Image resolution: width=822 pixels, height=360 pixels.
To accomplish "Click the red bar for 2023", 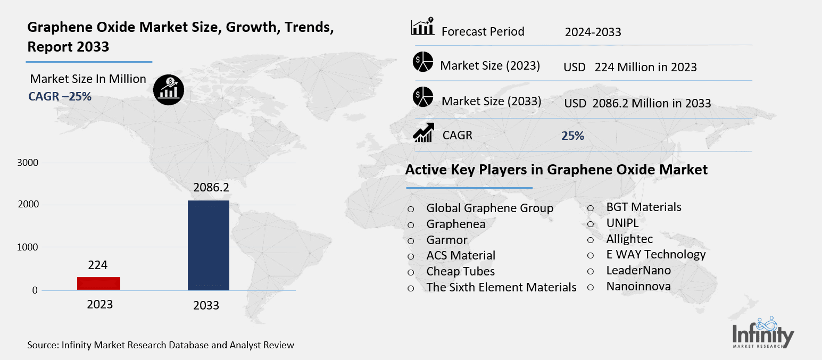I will [98, 283].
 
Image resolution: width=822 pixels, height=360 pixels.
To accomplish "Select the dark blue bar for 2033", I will [209, 245].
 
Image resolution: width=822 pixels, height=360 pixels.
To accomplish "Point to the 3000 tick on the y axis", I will [28, 163].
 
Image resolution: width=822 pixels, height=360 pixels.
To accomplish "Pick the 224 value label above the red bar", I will [98, 265].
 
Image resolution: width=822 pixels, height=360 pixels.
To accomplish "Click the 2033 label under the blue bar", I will [206, 305].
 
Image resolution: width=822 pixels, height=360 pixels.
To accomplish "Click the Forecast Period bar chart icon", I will [423, 27].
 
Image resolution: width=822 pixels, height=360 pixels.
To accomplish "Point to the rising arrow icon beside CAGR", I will [424, 133].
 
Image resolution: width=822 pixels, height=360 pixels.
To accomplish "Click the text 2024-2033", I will [593, 32].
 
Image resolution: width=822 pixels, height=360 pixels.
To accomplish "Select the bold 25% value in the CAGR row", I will [572, 136].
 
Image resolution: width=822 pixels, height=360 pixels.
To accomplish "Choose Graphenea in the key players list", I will [455, 224].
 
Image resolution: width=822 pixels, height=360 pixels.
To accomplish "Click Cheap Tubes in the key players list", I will [460, 272].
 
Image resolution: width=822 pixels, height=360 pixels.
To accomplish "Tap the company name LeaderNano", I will [638, 271].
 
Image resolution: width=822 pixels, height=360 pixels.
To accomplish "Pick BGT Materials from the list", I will [644, 207].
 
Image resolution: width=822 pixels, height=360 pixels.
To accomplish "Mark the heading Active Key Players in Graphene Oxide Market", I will [556, 170].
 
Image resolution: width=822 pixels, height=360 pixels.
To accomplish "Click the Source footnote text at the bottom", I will [161, 345].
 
